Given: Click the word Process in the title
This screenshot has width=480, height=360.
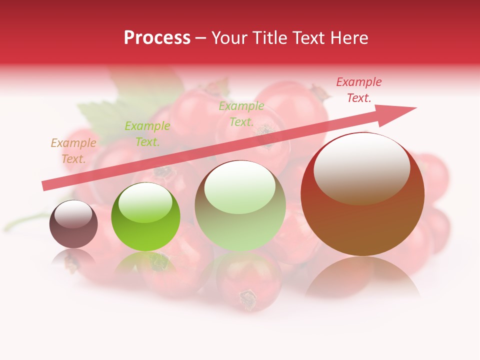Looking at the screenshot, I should tap(157, 38).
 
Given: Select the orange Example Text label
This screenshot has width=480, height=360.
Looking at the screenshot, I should tap(73, 150).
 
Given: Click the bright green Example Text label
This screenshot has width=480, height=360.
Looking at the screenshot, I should tap(147, 134).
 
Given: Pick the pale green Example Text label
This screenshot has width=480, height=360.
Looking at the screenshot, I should tap(241, 113).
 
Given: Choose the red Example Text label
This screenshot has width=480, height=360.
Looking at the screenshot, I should tap(358, 90).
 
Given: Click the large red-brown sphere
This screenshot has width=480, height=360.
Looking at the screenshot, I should tap(362, 220).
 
